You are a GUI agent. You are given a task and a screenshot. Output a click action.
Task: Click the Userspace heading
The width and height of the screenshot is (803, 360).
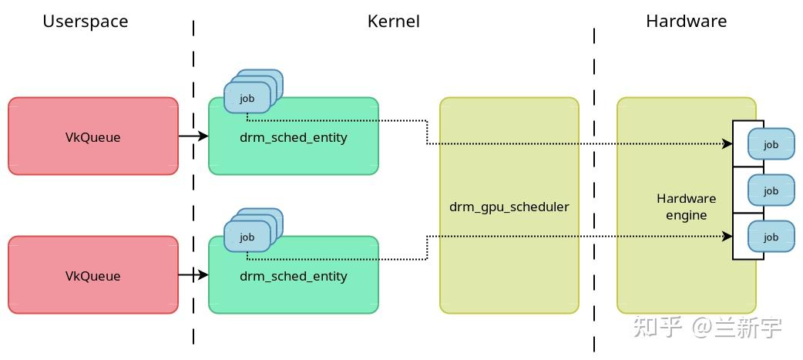[x=85, y=22]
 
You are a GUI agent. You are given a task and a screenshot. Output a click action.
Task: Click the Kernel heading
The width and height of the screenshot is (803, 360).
[x=393, y=22]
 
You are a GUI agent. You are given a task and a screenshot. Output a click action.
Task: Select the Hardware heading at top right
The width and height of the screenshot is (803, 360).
[x=686, y=22]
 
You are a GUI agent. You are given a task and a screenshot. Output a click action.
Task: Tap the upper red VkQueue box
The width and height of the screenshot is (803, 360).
[x=92, y=136]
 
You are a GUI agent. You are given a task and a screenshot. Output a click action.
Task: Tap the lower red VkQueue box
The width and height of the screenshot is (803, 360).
[x=92, y=275]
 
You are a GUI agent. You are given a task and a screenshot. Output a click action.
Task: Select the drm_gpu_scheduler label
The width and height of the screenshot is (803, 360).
[x=509, y=207]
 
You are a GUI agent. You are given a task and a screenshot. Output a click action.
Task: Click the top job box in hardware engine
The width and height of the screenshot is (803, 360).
[x=771, y=144]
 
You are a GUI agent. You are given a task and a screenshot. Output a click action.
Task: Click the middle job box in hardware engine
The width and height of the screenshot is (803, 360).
[x=771, y=190]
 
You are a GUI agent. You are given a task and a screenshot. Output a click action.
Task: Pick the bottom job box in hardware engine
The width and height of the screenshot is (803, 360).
[x=771, y=237]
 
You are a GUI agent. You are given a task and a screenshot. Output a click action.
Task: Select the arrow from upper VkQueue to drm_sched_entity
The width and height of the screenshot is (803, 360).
[x=193, y=136]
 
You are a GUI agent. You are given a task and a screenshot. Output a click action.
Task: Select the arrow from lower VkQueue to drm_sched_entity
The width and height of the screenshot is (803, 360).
[x=193, y=275]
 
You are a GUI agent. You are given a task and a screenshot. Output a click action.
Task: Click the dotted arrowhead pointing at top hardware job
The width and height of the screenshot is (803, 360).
[x=727, y=144]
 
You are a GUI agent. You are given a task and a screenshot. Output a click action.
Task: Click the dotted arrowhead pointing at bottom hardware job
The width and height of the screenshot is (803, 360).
[x=727, y=237]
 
